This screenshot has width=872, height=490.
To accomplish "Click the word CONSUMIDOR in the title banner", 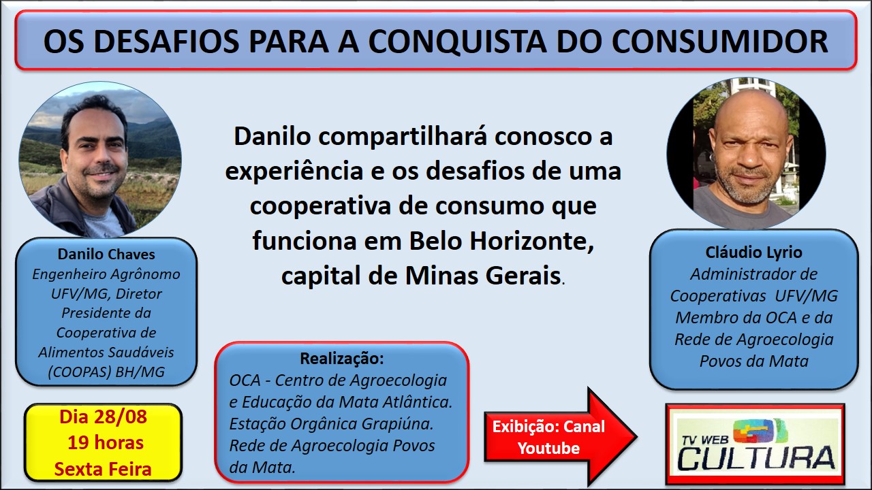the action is click(720, 42).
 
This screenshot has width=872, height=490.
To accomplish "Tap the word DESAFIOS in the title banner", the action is click(166, 42).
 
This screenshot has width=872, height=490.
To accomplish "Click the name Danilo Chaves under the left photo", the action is click(106, 254).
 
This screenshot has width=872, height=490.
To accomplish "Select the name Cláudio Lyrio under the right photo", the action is click(753, 252).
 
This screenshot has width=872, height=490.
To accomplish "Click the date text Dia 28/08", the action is click(103, 417).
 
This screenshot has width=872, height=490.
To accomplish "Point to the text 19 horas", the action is click(106, 442).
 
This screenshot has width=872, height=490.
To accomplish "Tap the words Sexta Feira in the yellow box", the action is click(103, 469).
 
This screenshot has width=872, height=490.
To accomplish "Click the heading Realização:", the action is click(342, 359).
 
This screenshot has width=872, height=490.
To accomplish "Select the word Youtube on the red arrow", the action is click(548, 448).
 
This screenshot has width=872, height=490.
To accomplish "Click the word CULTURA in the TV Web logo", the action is click(756, 459).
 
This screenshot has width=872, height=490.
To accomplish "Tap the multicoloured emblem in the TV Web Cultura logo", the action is click(757, 431).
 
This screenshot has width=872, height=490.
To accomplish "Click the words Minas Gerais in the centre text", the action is click(483, 276).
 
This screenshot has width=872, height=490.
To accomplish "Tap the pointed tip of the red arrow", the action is click(636, 437).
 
